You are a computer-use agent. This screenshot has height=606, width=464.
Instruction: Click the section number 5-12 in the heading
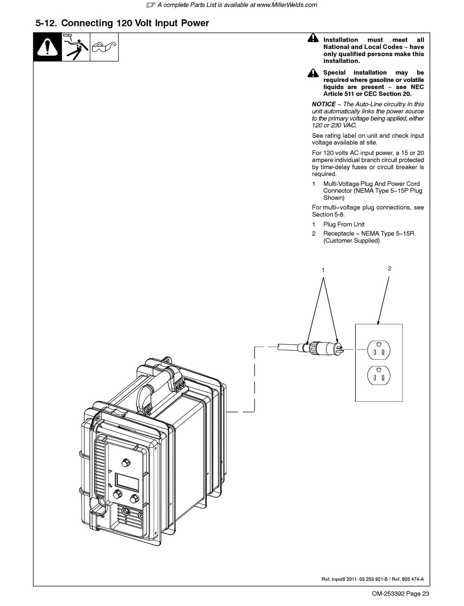[x=46, y=23]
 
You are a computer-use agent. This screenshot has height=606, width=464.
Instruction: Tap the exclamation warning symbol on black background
[x=47, y=47]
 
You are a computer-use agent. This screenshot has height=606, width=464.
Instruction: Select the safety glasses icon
[x=104, y=47]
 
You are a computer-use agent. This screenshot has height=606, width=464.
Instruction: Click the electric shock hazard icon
[x=76, y=47]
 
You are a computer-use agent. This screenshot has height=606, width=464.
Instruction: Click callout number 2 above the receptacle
[x=389, y=269]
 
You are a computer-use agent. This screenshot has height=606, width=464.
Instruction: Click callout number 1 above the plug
[x=323, y=270]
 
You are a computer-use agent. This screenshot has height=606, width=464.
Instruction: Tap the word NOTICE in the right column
[x=324, y=104]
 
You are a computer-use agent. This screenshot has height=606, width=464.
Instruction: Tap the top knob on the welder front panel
[x=126, y=461]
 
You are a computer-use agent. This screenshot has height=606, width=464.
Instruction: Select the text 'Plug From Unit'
[x=344, y=224]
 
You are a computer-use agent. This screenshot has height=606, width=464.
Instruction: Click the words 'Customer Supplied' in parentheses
[x=351, y=241]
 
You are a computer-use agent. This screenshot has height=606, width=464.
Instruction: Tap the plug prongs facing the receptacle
[x=340, y=349]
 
